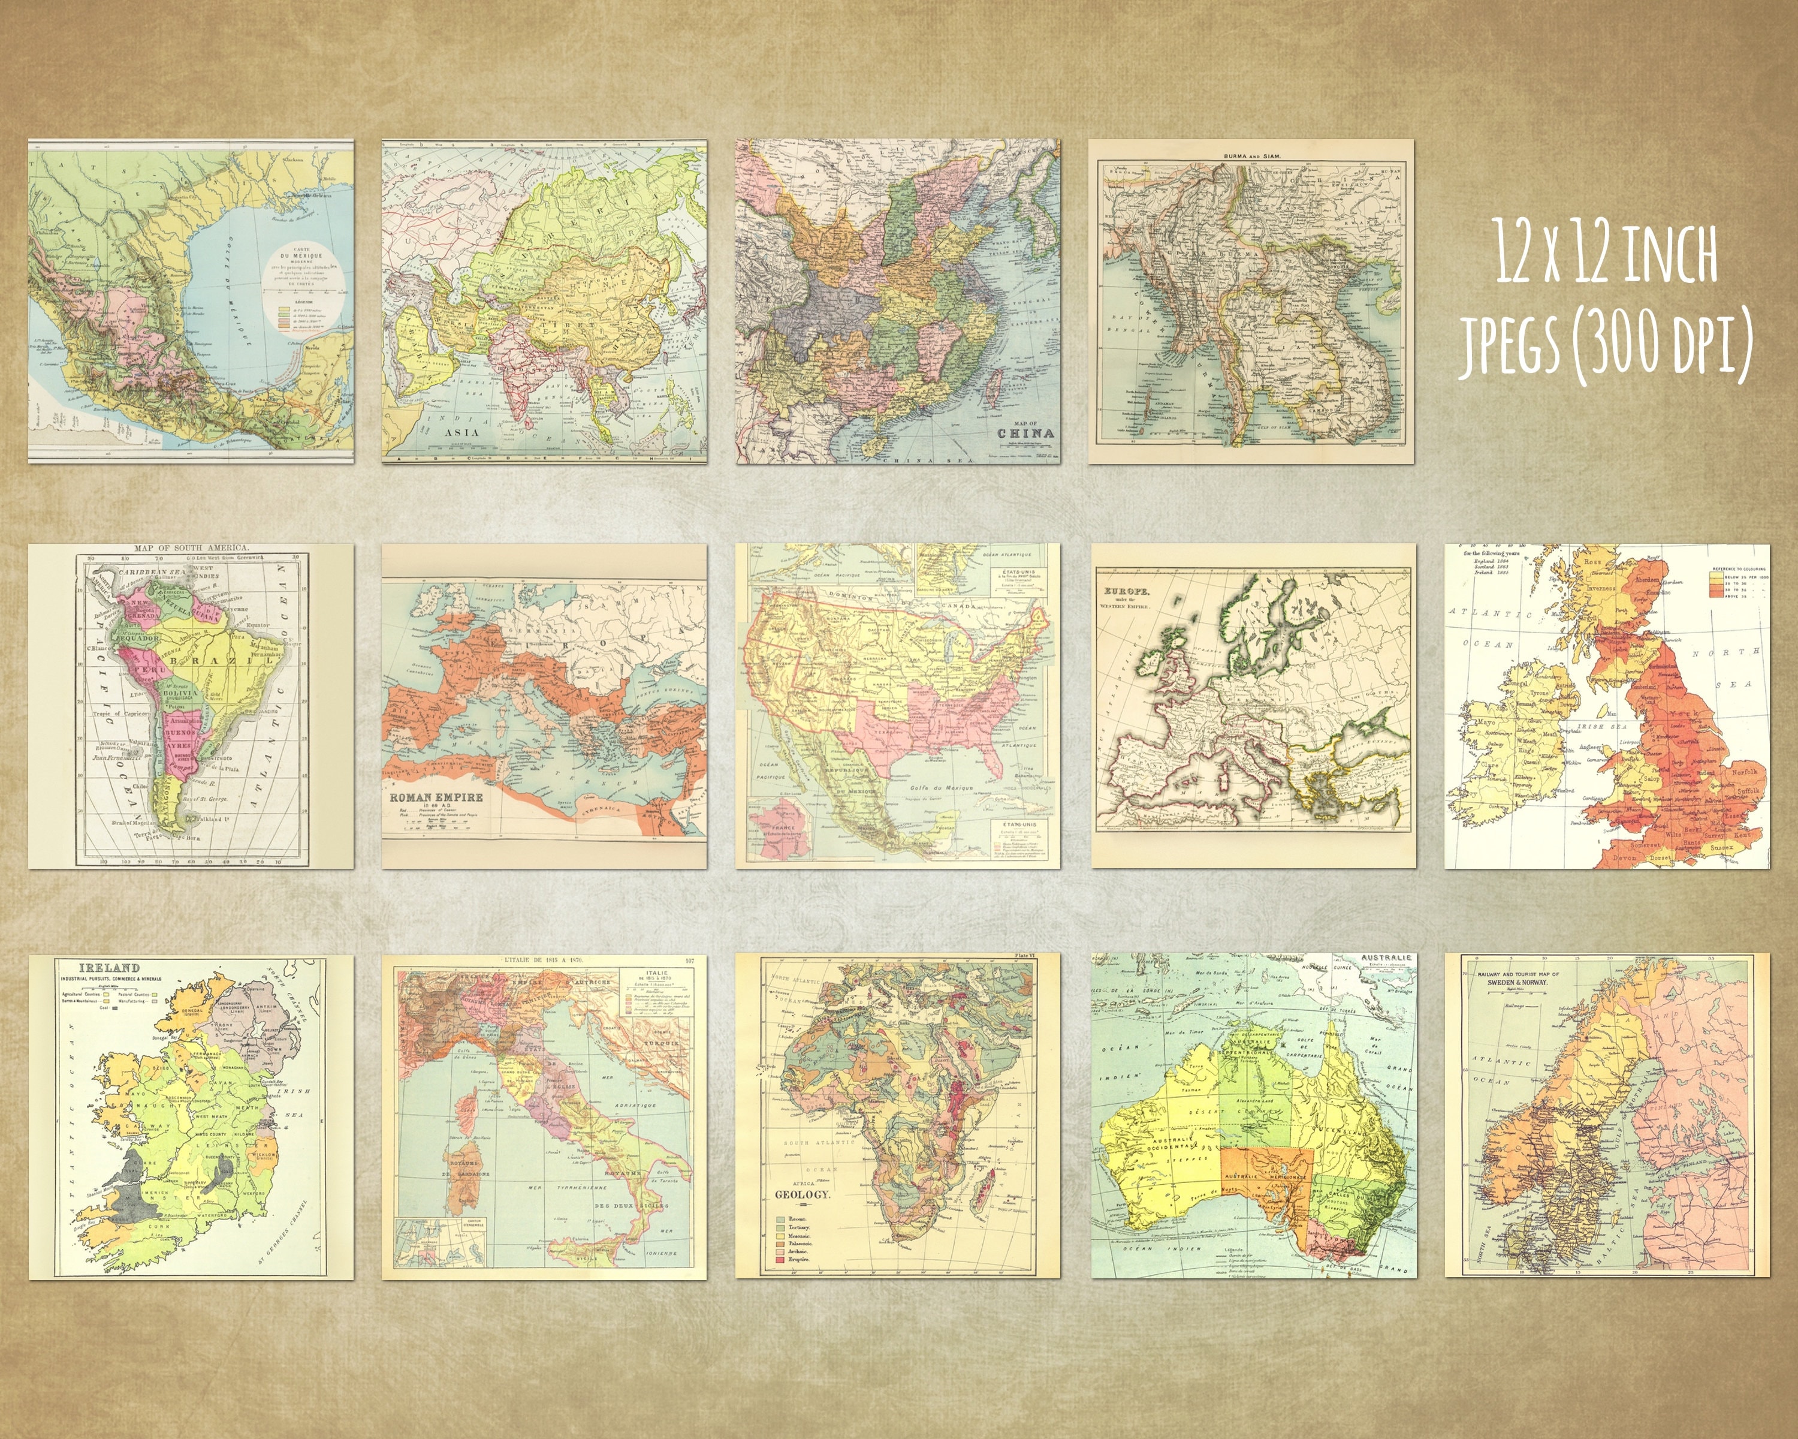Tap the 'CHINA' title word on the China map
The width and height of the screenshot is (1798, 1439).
tap(1025, 433)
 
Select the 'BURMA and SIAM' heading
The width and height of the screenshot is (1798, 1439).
tap(1251, 156)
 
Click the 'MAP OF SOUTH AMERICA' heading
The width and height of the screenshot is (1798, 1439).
tap(191, 548)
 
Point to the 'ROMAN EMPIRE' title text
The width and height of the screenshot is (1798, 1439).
tap(436, 797)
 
